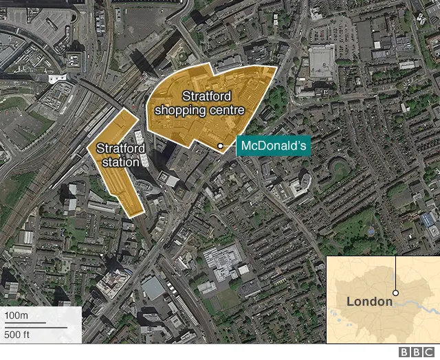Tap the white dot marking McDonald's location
(220, 146)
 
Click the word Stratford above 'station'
(120, 148)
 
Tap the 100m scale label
(16, 315)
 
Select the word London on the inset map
(368, 301)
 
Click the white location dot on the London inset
(396, 293)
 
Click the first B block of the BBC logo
(406, 352)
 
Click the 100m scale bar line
(25, 323)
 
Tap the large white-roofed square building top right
(321, 61)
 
